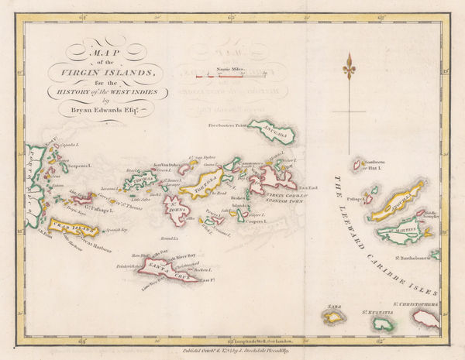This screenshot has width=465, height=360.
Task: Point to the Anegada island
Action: click(x=278, y=133)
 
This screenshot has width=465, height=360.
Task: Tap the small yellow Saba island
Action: click(x=334, y=316)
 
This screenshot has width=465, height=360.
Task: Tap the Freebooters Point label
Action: click(x=232, y=123)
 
